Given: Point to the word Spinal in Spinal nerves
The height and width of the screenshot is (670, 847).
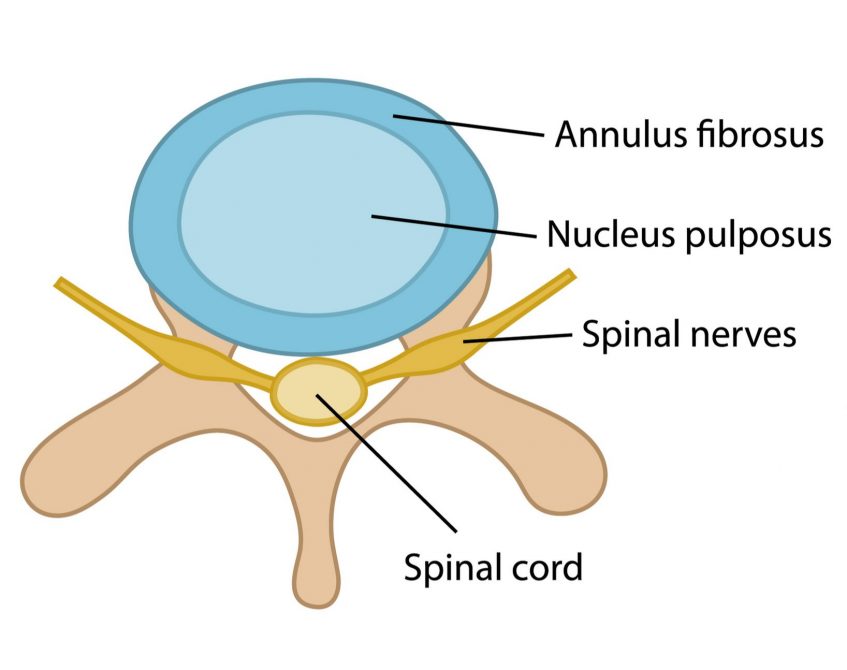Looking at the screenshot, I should [631, 334].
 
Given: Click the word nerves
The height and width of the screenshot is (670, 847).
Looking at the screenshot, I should [745, 335].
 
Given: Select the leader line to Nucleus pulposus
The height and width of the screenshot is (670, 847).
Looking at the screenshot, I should [450, 225].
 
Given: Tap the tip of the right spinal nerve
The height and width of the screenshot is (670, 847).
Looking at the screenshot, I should [570, 273].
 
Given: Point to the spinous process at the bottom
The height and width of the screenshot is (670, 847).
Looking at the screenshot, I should [318, 570].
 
